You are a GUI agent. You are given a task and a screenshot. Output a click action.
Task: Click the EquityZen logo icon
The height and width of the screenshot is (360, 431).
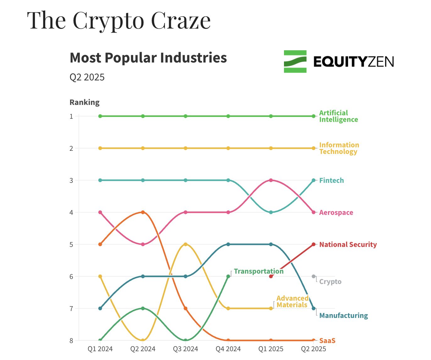(295, 62)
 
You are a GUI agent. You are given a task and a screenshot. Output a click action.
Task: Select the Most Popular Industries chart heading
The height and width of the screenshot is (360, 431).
(148, 58)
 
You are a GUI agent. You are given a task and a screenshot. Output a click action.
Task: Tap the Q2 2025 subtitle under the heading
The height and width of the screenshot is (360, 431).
(87, 77)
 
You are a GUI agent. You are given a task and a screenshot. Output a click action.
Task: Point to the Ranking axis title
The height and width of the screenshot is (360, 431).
(85, 102)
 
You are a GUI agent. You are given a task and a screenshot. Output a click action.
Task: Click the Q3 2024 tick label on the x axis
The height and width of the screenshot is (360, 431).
(185, 349)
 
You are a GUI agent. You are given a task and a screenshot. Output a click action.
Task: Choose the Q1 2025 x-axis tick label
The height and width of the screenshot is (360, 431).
(271, 349)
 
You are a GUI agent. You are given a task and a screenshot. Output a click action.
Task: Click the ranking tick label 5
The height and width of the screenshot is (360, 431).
(71, 244)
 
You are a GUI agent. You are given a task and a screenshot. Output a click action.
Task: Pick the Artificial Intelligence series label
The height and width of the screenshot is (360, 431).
(338, 116)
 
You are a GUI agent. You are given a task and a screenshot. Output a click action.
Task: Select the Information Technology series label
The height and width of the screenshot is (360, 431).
(339, 148)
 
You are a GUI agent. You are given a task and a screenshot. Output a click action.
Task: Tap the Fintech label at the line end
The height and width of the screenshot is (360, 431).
(331, 181)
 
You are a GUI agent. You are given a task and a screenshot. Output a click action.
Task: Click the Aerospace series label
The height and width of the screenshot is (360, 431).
(336, 213)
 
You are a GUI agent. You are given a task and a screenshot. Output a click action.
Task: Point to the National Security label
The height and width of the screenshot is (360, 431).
(348, 245)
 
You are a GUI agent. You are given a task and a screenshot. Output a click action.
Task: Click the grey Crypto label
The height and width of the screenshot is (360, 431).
(330, 282)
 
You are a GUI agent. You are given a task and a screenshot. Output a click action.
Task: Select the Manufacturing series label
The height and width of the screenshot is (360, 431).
(343, 316)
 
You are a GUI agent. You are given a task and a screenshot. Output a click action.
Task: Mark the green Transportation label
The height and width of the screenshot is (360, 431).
(259, 271)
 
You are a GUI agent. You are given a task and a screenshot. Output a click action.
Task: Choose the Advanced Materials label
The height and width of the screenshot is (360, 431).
(292, 302)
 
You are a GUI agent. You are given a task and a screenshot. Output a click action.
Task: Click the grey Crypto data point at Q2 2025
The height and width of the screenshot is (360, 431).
(314, 276)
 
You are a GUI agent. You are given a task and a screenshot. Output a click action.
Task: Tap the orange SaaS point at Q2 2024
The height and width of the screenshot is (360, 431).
(143, 212)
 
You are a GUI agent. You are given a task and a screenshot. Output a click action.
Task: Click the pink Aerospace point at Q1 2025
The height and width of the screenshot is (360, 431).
(271, 180)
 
